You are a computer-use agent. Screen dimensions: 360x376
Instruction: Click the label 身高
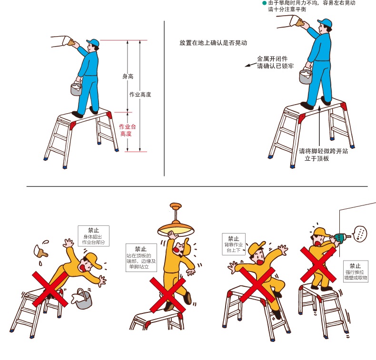(x=128, y=76)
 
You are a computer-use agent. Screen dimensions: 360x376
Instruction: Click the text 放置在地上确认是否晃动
(x=213, y=43)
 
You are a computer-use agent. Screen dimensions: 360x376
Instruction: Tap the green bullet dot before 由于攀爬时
(x=265, y=3)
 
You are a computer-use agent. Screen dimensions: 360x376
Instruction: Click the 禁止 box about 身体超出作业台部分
(x=93, y=236)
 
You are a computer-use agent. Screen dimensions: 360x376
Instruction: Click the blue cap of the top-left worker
(x=93, y=43)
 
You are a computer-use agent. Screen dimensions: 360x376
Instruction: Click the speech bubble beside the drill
(x=360, y=233)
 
